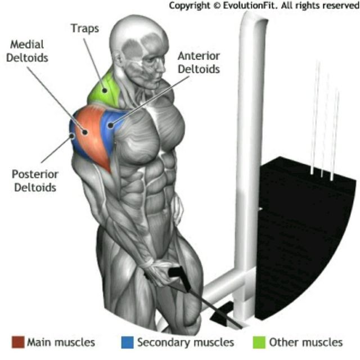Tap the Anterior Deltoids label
pyautogui.click(x=198, y=62)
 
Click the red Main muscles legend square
pyautogui.click(x=17, y=342)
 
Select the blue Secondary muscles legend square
pyautogui.click(x=127, y=342)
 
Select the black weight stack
pyautogui.click(x=307, y=225)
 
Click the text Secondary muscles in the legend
pyautogui.click(x=186, y=342)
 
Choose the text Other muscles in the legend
pyautogui.click(x=305, y=342)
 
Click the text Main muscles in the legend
pyautogui.click(x=61, y=342)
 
